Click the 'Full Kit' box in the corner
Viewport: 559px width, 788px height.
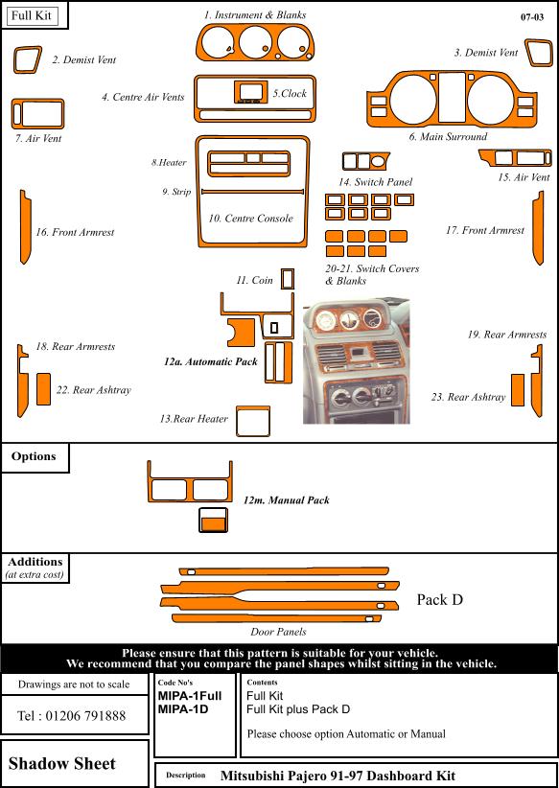[33, 15]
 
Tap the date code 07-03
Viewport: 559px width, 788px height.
[532, 17]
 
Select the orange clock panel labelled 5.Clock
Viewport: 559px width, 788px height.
[250, 92]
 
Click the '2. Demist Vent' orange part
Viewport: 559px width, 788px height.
[27, 59]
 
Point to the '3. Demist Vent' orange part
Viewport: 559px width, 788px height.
[540, 53]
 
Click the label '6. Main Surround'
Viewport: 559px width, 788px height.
[448, 136]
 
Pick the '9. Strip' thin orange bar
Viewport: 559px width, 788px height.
[252, 192]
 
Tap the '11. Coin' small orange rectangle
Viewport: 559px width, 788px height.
[288, 279]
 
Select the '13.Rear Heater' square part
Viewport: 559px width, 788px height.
[253, 421]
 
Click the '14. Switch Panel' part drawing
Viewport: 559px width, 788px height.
[365, 161]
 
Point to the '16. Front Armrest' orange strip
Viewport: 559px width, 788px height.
[25, 226]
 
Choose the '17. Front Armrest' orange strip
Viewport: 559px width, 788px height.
[538, 227]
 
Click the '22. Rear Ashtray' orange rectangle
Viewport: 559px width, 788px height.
[44, 389]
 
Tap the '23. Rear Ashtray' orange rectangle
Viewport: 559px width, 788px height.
[518, 390]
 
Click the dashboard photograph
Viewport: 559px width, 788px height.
[357, 361]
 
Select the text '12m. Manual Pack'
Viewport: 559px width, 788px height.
[287, 500]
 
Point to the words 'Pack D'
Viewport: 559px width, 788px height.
[440, 599]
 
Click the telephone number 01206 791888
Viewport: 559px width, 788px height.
[85, 716]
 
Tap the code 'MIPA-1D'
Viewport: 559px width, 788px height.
[183, 709]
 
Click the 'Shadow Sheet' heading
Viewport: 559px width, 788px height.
[62, 763]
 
